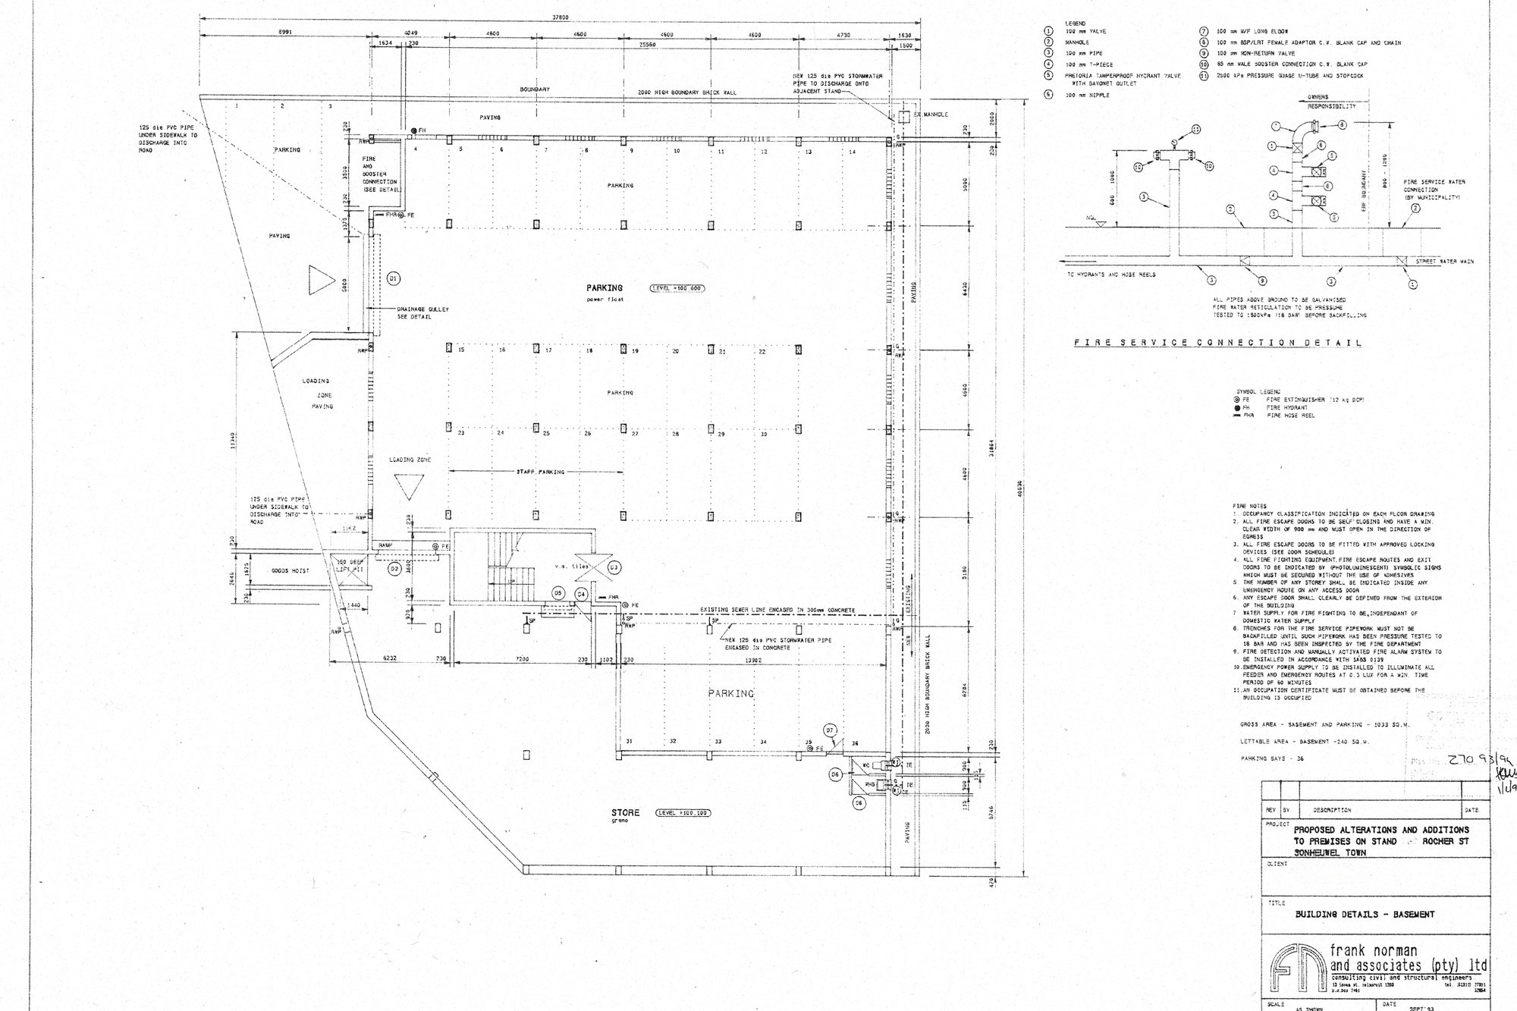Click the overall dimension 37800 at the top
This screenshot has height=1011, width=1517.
[560, 17]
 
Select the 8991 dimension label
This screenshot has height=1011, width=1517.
[285, 33]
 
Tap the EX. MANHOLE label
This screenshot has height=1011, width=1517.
[931, 115]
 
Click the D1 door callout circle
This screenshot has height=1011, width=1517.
[393, 278]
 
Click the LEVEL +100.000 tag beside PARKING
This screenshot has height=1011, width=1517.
[677, 288]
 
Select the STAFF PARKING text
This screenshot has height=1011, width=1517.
[540, 472]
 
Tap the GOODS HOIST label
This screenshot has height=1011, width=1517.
[290, 570]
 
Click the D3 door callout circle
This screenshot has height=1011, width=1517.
[614, 567]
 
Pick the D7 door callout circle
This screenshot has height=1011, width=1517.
[830, 730]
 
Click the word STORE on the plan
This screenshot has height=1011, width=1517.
[626, 812]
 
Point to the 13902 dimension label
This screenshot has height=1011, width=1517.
[752, 660]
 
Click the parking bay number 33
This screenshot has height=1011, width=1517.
[718, 742]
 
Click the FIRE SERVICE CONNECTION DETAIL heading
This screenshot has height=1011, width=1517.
[1217, 343]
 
